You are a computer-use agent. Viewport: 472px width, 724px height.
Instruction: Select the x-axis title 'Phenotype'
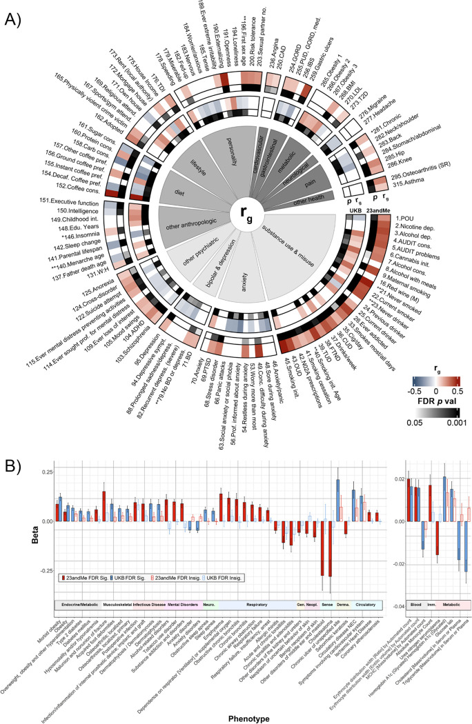click(250, 716)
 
